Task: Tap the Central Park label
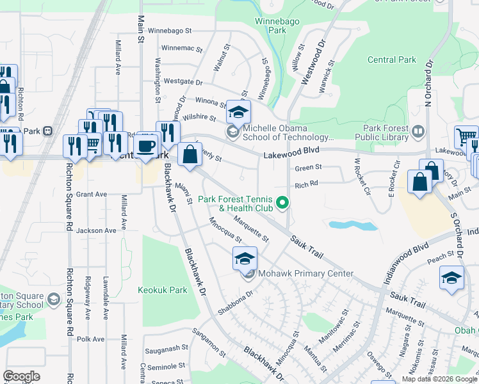[x=392, y=60]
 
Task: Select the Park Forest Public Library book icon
[x=418, y=132]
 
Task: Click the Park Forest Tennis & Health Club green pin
[x=282, y=205]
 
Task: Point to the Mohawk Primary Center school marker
[x=245, y=259]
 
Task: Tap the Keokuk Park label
[x=163, y=290]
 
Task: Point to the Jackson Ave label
[x=97, y=230]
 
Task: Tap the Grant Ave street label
[x=91, y=194]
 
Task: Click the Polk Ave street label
[x=90, y=339]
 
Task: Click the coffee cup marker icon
[x=147, y=145]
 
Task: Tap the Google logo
[x=21, y=376]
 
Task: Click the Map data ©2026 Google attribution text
[x=439, y=379]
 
